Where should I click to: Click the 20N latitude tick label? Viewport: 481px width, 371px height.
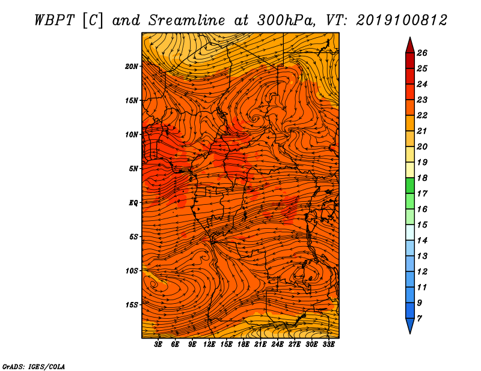(x=132, y=67)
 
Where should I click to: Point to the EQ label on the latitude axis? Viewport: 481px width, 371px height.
(x=133, y=203)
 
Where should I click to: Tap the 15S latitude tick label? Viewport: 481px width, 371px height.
(x=132, y=305)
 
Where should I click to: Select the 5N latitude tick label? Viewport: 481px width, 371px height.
(x=133, y=169)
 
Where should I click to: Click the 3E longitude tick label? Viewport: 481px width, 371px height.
(x=158, y=345)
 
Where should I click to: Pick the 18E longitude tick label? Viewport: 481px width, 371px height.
(x=244, y=345)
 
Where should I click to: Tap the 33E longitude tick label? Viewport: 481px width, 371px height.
(x=328, y=345)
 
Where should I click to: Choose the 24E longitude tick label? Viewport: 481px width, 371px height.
(x=277, y=345)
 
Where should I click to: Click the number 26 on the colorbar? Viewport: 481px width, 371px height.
(x=422, y=53)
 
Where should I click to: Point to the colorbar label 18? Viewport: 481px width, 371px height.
(x=422, y=178)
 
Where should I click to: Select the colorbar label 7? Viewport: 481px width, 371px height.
(x=419, y=318)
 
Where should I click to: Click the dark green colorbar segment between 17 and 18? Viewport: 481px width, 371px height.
(x=410, y=185)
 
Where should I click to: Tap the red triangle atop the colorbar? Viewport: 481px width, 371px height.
(x=410, y=46)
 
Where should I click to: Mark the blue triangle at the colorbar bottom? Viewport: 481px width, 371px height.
(x=410, y=325)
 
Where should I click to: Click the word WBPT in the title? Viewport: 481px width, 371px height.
(x=55, y=20)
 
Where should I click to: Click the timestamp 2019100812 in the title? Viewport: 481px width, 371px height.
(x=402, y=20)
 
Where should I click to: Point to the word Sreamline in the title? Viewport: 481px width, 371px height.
(x=187, y=20)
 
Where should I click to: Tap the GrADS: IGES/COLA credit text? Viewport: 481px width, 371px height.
(x=34, y=367)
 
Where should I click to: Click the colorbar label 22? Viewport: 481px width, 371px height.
(x=422, y=115)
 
